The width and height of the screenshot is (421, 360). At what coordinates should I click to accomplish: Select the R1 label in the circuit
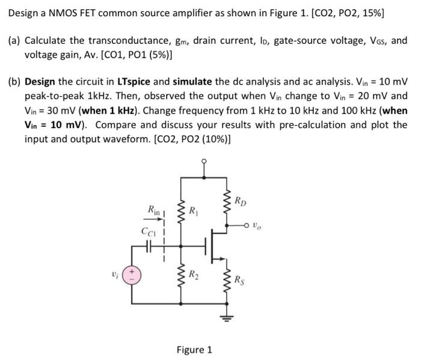click(194, 212)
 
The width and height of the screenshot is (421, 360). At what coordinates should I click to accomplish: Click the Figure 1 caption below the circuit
click(194, 349)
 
